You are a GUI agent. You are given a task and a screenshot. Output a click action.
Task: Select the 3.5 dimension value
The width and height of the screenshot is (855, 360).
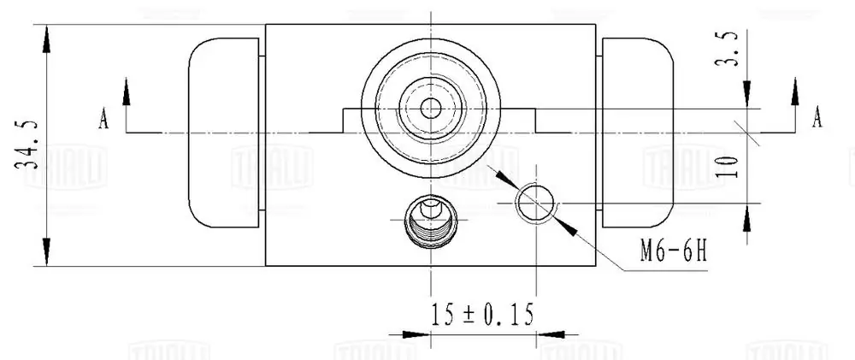click(727, 49)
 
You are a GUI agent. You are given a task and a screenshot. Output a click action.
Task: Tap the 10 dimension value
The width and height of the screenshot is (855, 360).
click(727, 167)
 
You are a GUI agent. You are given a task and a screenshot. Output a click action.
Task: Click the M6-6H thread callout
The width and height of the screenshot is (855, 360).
click(674, 251)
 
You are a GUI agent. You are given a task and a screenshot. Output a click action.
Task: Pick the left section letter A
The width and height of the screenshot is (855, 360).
click(103, 119)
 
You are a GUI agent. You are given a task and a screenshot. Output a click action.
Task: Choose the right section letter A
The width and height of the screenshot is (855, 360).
click(817, 117)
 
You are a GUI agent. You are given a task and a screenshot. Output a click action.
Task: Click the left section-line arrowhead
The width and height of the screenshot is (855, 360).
click(127, 91)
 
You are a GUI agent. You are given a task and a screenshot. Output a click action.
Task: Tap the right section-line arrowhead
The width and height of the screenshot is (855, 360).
click(795, 91)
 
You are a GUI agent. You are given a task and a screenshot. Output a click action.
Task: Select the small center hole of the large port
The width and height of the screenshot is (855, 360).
click(431, 109)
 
